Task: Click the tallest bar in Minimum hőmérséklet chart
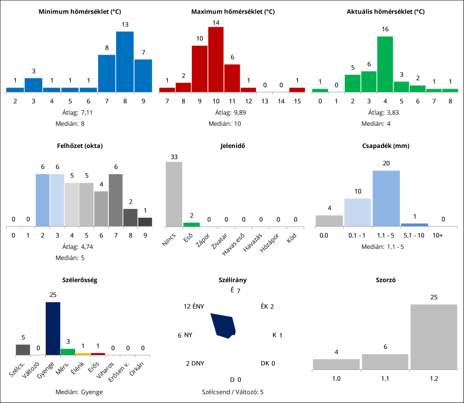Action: point(125,62)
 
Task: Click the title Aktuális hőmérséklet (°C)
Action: point(386,12)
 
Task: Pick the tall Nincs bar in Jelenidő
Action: point(174,194)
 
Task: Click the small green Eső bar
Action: point(191,225)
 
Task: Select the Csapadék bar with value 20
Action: point(386,198)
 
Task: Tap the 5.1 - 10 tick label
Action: point(414,236)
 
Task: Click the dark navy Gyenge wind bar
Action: point(53,329)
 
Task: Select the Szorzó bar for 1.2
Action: point(434,336)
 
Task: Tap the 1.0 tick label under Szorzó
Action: point(336,377)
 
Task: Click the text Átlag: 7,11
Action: point(78,112)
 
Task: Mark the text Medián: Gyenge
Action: point(79,391)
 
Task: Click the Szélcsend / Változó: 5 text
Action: point(233,391)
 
